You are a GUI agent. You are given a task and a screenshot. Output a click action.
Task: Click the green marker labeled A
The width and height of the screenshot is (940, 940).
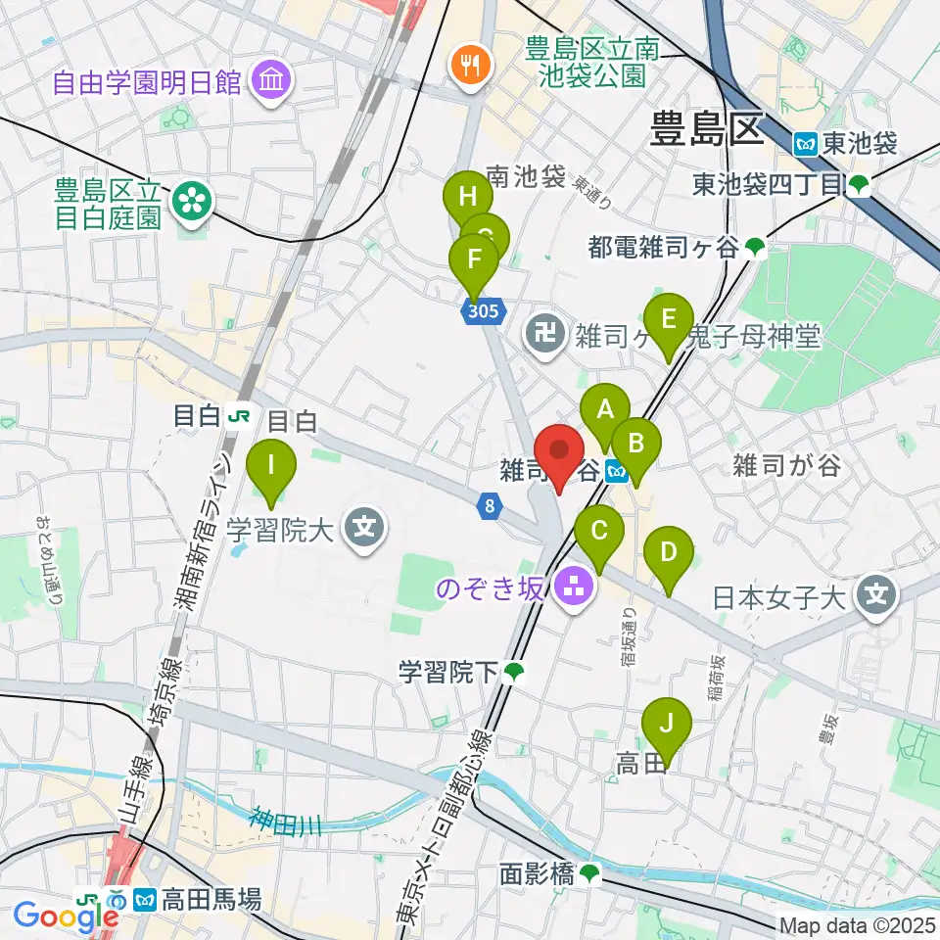[x=605, y=409]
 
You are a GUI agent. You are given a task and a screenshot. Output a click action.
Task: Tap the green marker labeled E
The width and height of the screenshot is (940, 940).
[x=670, y=320]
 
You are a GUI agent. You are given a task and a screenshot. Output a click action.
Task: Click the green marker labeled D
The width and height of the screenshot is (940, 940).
[x=669, y=553]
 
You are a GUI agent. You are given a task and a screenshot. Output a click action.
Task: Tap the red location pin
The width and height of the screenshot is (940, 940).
[x=560, y=452]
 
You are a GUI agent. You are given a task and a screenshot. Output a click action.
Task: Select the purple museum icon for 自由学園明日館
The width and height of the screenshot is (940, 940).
[x=268, y=82]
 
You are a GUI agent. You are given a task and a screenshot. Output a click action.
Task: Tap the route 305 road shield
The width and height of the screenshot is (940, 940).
[x=486, y=310]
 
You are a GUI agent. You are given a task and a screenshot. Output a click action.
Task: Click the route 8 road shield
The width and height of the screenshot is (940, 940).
[x=490, y=505]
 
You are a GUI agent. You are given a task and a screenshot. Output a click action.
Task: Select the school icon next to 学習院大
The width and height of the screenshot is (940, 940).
[x=365, y=532]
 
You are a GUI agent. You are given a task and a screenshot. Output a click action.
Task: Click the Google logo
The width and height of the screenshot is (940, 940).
[x=66, y=916]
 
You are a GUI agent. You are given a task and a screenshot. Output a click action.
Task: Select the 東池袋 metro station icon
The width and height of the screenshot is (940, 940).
[x=807, y=143]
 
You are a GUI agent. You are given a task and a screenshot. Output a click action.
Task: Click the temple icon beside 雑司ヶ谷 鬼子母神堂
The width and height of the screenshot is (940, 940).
[x=541, y=336]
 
